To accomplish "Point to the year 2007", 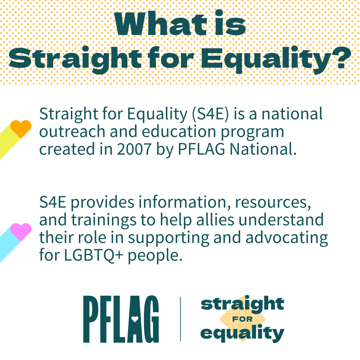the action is pos(134,149).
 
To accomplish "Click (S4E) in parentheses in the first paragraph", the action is pos(210,114).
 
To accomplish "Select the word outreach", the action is pos(72,131).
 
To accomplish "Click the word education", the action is pos(179,131).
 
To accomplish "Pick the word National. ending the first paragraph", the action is pos(263,149).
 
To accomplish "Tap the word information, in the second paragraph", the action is pos(184,202).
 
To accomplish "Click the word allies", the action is pos(215,220).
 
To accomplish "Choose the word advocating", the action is pos(287,238).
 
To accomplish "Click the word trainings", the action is pos(104,220).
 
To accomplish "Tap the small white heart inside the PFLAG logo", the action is pos(135,319).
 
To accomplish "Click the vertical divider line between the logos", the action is pos(180,319).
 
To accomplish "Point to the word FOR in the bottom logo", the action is pos(242,319).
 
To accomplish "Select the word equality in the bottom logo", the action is pos(242,333).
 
